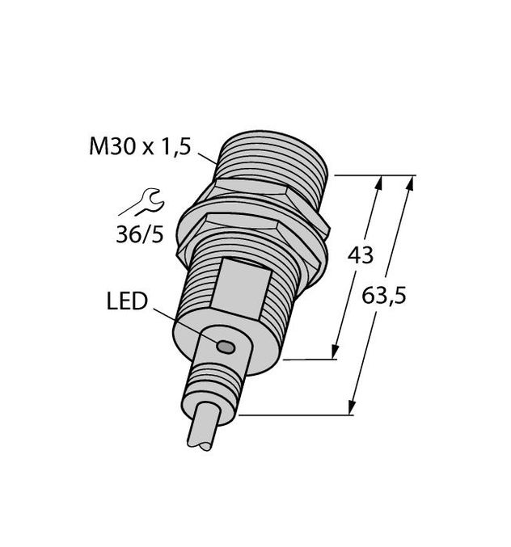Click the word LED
coord(127,303)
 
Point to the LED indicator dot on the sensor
coord(225,347)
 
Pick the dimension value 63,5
coord(383,296)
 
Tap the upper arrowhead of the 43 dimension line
coord(377,183)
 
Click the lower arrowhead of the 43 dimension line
coord(334,352)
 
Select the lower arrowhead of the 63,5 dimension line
coord(353,408)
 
